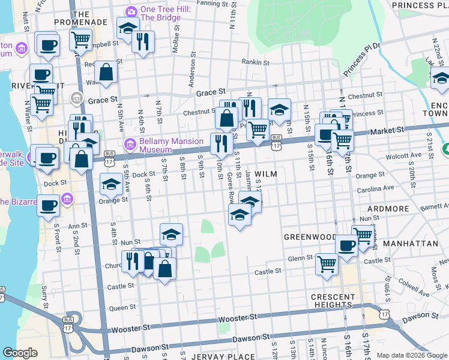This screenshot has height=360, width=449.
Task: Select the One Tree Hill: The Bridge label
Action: (x=160, y=14)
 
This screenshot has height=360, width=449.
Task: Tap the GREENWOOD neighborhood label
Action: (x=310, y=237)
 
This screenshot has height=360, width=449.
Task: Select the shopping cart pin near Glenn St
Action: (x=327, y=263)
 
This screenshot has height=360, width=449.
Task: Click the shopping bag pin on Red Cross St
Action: (x=106, y=71)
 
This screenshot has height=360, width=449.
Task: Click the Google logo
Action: (x=20, y=353)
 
